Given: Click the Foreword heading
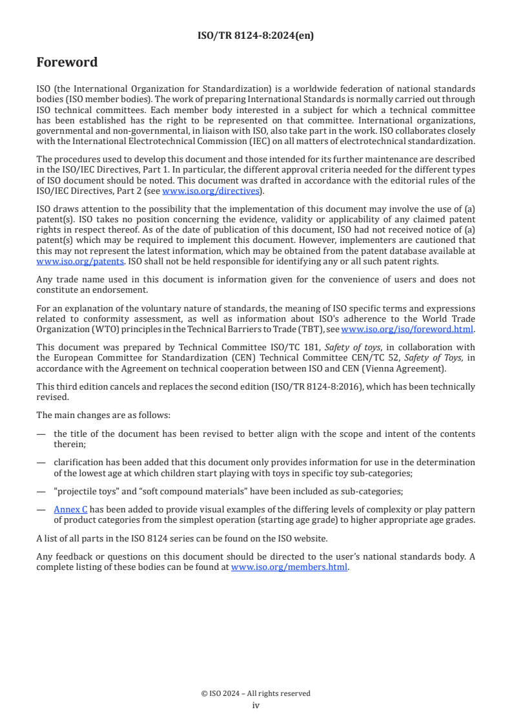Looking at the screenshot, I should pyautogui.click(x=67, y=63).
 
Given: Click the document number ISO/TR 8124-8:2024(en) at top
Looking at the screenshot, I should pyautogui.click(x=255, y=36).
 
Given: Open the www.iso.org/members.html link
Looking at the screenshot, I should pyautogui.click(x=289, y=567).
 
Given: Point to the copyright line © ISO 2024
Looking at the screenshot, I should pyautogui.click(x=255, y=693).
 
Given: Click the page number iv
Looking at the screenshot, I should pyautogui.click(x=256, y=706).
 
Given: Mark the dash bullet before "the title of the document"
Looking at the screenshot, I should pyautogui.click(x=41, y=434).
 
